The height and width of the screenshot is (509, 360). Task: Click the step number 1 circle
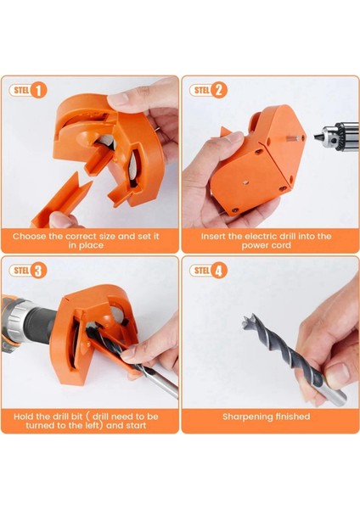coord(38,90)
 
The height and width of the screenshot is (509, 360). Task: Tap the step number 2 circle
coord(219,90)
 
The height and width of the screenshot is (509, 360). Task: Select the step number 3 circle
coord(38,271)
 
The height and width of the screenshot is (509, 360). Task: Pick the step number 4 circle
coord(219,271)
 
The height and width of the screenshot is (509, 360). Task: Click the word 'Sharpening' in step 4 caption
coord(247,417)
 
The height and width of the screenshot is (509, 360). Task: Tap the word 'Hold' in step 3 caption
coord(23,417)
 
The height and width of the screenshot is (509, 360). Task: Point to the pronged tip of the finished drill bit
coord(250,321)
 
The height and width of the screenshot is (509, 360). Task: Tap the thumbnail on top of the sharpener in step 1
coord(118,98)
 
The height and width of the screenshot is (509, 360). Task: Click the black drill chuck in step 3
coord(40,323)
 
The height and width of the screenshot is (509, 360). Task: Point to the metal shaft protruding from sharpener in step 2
coord(292,138)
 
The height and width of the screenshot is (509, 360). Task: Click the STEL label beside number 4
coord(202,271)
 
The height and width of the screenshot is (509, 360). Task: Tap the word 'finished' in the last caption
coord(293,417)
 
